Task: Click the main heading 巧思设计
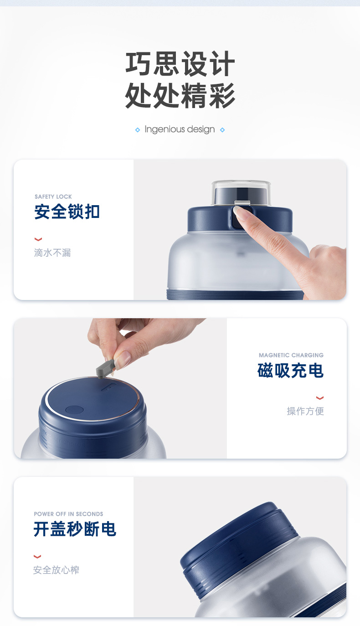180,63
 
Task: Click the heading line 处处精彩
180,95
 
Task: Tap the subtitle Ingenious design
180,129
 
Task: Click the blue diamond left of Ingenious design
138,129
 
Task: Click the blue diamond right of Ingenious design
222,129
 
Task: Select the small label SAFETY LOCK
53,197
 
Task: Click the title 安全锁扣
67,212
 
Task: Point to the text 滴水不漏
52,253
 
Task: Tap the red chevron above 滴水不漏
38,239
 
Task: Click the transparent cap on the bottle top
241,192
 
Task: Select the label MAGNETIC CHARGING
291,355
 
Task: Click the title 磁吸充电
290,371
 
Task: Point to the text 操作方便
305,411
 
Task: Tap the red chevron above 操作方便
320,398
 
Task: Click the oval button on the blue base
74,410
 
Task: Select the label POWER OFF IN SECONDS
68,514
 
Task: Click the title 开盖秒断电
75,529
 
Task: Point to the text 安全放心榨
56,570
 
